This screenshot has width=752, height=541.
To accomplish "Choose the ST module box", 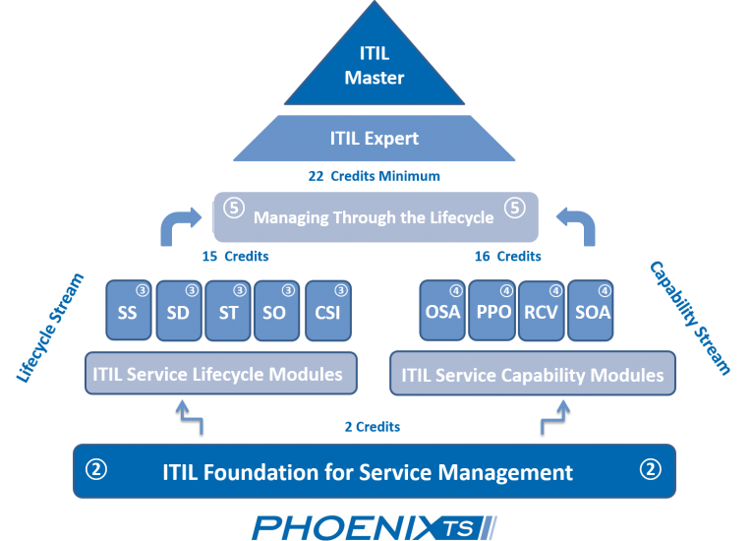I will click(x=229, y=311).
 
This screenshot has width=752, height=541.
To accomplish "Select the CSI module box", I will click(x=328, y=311).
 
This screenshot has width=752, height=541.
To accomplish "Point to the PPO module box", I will click(x=492, y=311).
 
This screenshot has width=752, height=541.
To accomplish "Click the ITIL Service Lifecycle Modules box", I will click(x=218, y=374).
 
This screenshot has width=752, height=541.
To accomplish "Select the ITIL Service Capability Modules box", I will click(x=531, y=375).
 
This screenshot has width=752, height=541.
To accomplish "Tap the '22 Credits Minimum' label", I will click(x=375, y=176).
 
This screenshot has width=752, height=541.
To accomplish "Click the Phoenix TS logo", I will click(x=375, y=526).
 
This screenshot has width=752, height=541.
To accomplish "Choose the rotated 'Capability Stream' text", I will click(x=691, y=317).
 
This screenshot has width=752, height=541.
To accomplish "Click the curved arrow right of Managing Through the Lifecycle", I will click(x=577, y=223).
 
